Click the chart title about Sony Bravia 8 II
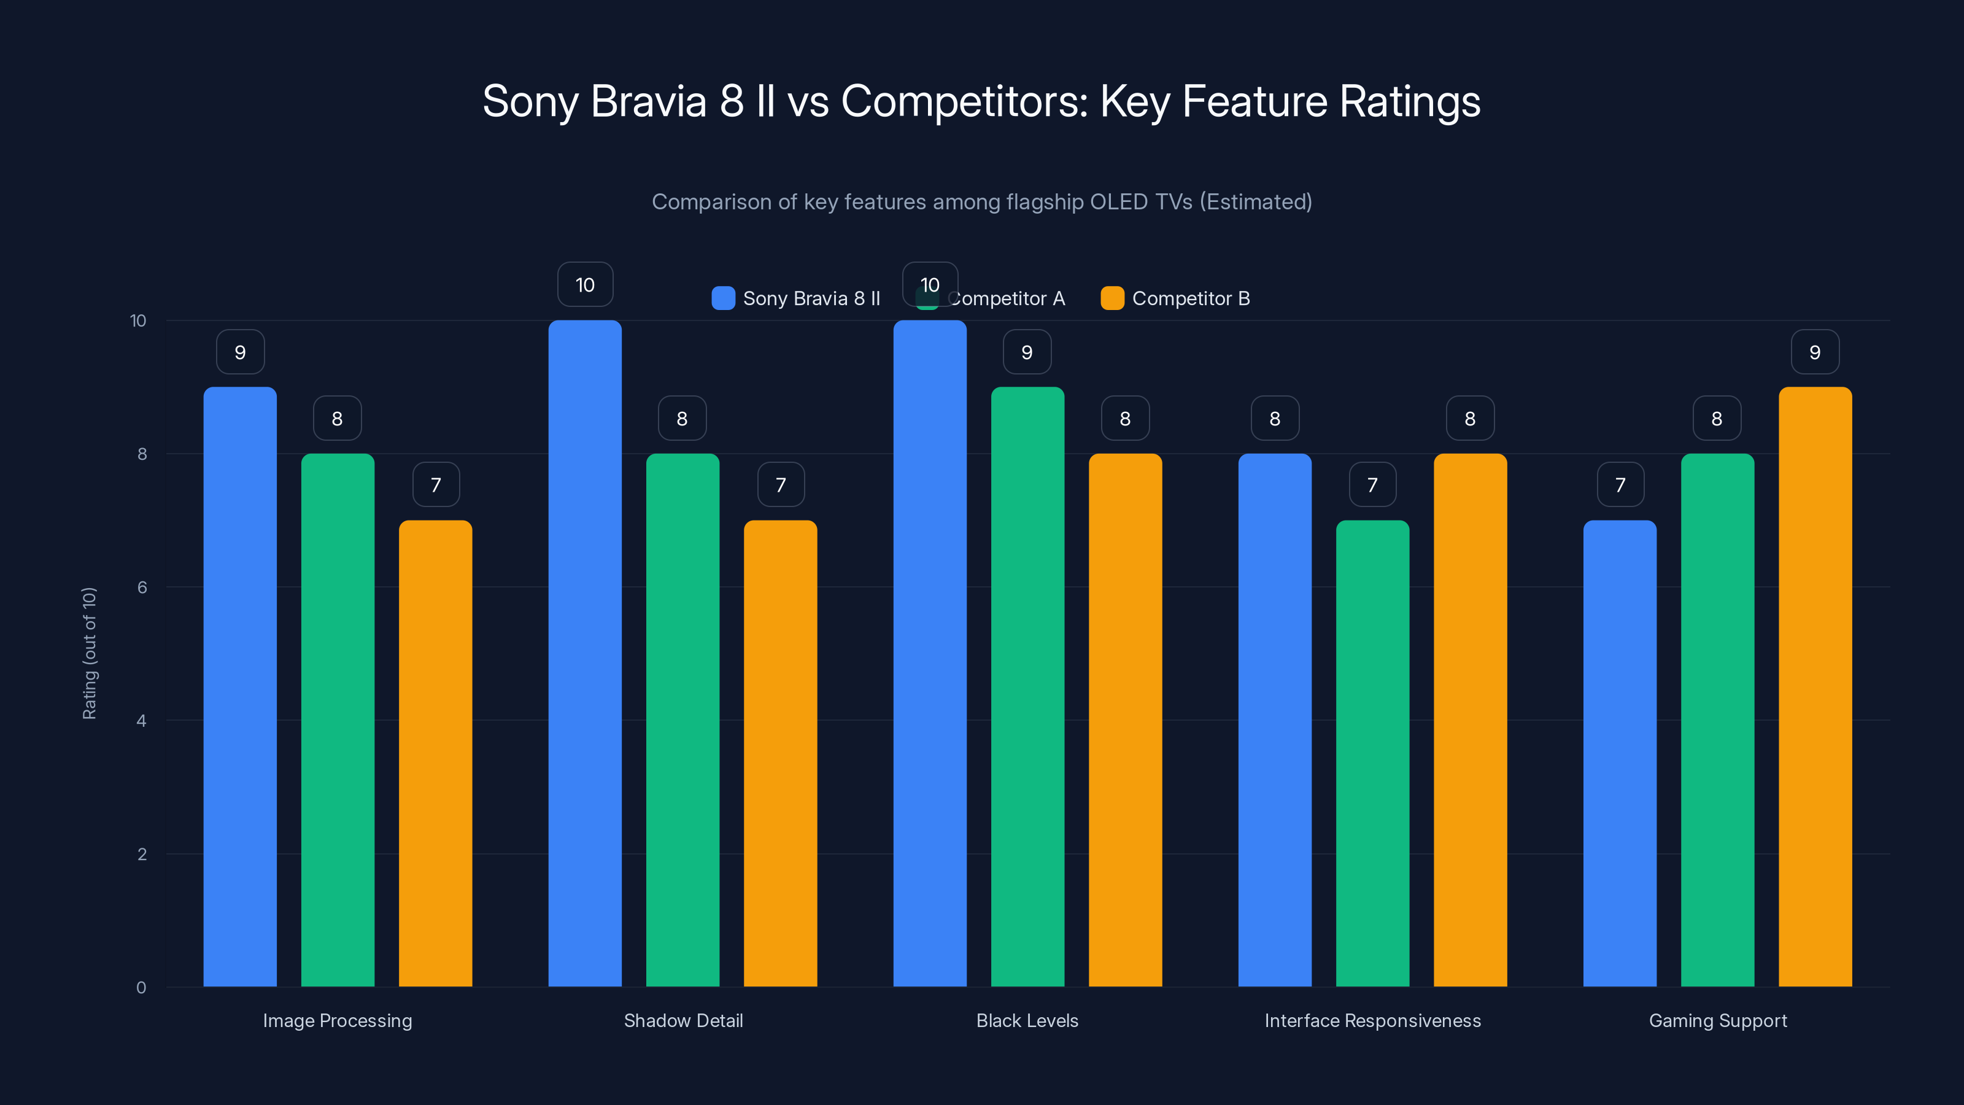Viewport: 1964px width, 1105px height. (x=981, y=101)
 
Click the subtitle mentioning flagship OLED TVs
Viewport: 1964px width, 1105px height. (x=981, y=201)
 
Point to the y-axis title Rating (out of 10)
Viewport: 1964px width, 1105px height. (x=89, y=653)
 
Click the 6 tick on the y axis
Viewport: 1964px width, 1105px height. (x=142, y=587)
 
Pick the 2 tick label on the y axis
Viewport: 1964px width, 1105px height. (x=142, y=854)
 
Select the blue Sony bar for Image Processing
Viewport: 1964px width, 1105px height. (x=240, y=686)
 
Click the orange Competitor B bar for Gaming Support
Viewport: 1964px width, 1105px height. (x=1815, y=686)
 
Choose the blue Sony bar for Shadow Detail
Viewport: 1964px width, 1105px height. (x=585, y=656)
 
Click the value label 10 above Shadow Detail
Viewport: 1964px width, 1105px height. (x=585, y=284)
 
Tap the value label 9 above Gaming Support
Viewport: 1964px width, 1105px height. (x=1815, y=352)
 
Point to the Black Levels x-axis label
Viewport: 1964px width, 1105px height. (x=1027, y=1020)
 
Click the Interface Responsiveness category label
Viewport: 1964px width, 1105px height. (x=1372, y=1020)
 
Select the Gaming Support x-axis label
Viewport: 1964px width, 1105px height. (x=1718, y=1020)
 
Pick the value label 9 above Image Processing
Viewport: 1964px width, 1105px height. (x=240, y=352)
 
